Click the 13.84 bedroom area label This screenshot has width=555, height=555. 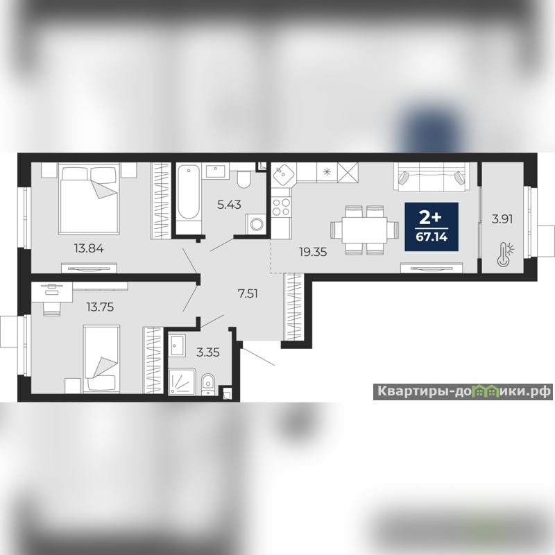point(89,248)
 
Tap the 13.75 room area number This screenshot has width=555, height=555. point(100,307)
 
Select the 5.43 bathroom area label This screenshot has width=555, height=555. point(229,205)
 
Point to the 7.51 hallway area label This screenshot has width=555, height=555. point(248,293)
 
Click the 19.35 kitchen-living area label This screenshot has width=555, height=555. point(313,252)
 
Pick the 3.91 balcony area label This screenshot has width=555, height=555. point(502,219)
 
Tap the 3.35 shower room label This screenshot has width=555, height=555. point(208,352)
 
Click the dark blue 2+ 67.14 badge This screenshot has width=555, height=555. point(432,227)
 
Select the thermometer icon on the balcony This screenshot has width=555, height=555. point(505,255)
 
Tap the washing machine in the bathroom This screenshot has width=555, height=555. point(255,223)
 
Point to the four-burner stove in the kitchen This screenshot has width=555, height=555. point(281,207)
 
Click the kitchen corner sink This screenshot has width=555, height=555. point(282,175)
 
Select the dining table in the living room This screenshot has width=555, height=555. point(365,230)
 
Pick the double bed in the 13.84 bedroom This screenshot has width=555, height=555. point(89,199)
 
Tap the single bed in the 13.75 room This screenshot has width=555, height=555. point(101,359)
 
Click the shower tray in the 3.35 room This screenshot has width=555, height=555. point(182,382)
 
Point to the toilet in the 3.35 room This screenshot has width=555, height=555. point(207,384)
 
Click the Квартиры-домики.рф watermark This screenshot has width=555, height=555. point(463,391)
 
